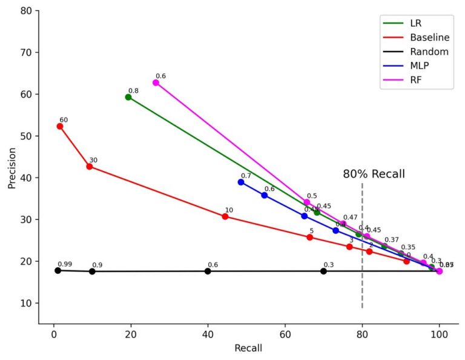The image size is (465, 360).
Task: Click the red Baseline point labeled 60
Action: (60, 126)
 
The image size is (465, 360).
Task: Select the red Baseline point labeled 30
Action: (90, 167)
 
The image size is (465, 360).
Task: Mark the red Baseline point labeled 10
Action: (225, 216)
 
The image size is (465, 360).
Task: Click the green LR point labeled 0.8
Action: (128, 97)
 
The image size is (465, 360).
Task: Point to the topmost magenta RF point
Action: (156, 82)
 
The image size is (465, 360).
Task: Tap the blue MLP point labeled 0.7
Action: (241, 182)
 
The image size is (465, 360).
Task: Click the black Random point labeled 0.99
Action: (58, 270)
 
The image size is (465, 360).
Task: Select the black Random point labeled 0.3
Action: (323, 271)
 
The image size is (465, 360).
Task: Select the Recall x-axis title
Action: (248, 348)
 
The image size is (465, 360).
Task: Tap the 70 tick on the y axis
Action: (27, 53)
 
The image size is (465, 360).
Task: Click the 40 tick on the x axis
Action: (208, 333)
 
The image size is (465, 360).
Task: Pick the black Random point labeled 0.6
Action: (208, 271)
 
